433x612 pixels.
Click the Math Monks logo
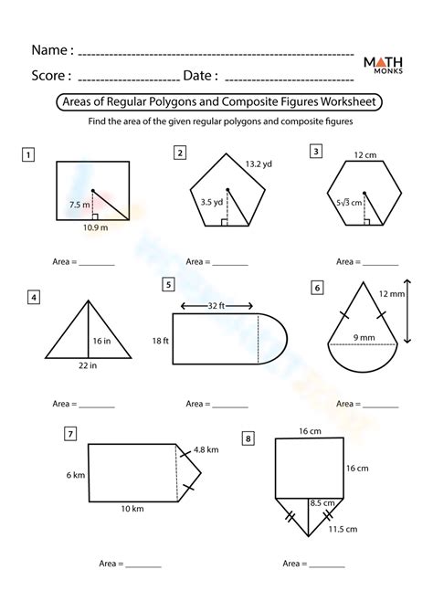pos(383,65)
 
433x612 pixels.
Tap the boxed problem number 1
pos(28,155)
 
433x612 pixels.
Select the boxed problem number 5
pos(168,284)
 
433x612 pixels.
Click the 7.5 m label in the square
pos(79,204)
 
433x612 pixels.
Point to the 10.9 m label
pos(95,227)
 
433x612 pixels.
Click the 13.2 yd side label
pos(259,164)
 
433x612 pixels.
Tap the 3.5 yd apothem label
pos(212,202)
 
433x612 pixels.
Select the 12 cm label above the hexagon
pos(365,155)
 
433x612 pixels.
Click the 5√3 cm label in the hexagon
pos(349,203)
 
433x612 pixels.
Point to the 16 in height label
pos(101,341)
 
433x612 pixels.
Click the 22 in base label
pos(88,365)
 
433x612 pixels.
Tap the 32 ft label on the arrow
pos(216,306)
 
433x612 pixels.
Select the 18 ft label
pos(161,341)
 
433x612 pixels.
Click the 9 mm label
pos(364,338)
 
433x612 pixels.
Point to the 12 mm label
pos(392,294)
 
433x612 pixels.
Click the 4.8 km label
pos(206,449)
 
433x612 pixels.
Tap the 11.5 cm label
pos(343,529)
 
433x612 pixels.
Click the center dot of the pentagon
pos(227,190)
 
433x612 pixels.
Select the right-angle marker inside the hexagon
pos(366,222)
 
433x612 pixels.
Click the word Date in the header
pos(197,75)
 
